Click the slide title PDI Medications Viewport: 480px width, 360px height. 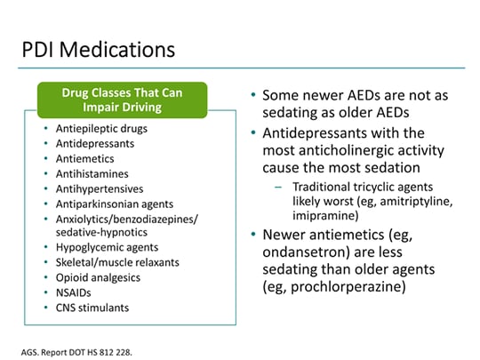tap(99, 50)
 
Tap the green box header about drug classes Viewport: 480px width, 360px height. tap(122, 100)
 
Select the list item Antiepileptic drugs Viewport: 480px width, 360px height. tap(101, 129)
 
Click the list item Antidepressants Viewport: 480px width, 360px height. tap(95, 144)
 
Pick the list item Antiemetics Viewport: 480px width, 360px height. tap(84, 158)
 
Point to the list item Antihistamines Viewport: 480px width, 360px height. tap(92, 174)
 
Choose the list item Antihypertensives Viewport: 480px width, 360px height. tap(100, 188)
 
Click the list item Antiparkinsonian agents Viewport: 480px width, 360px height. tap(115, 204)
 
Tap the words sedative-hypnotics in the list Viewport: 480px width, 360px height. tap(101, 232)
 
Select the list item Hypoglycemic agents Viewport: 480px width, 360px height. tap(107, 247)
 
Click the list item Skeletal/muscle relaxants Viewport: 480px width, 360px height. tap(117, 262)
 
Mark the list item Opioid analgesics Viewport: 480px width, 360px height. tap(98, 277)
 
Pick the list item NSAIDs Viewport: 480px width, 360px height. tap(74, 292)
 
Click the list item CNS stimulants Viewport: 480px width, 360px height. tap(92, 308)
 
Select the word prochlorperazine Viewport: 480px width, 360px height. tap(348, 287)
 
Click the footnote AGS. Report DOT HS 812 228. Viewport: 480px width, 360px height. tap(76, 352)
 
